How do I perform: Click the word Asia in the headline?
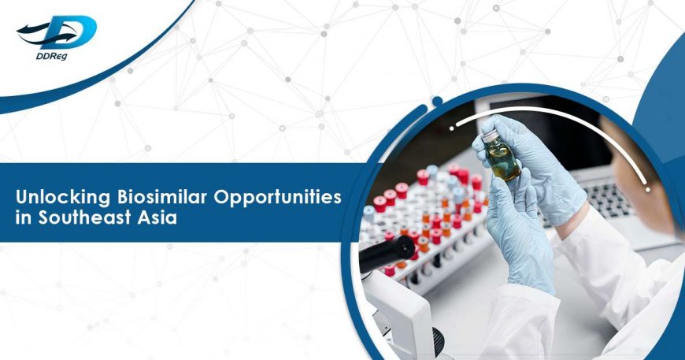coord(155,217)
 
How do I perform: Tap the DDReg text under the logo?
coord(43,60)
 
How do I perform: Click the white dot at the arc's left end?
coord(452,126)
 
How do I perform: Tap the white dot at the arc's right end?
coord(648,190)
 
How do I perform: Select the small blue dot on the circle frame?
coord(436,101)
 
